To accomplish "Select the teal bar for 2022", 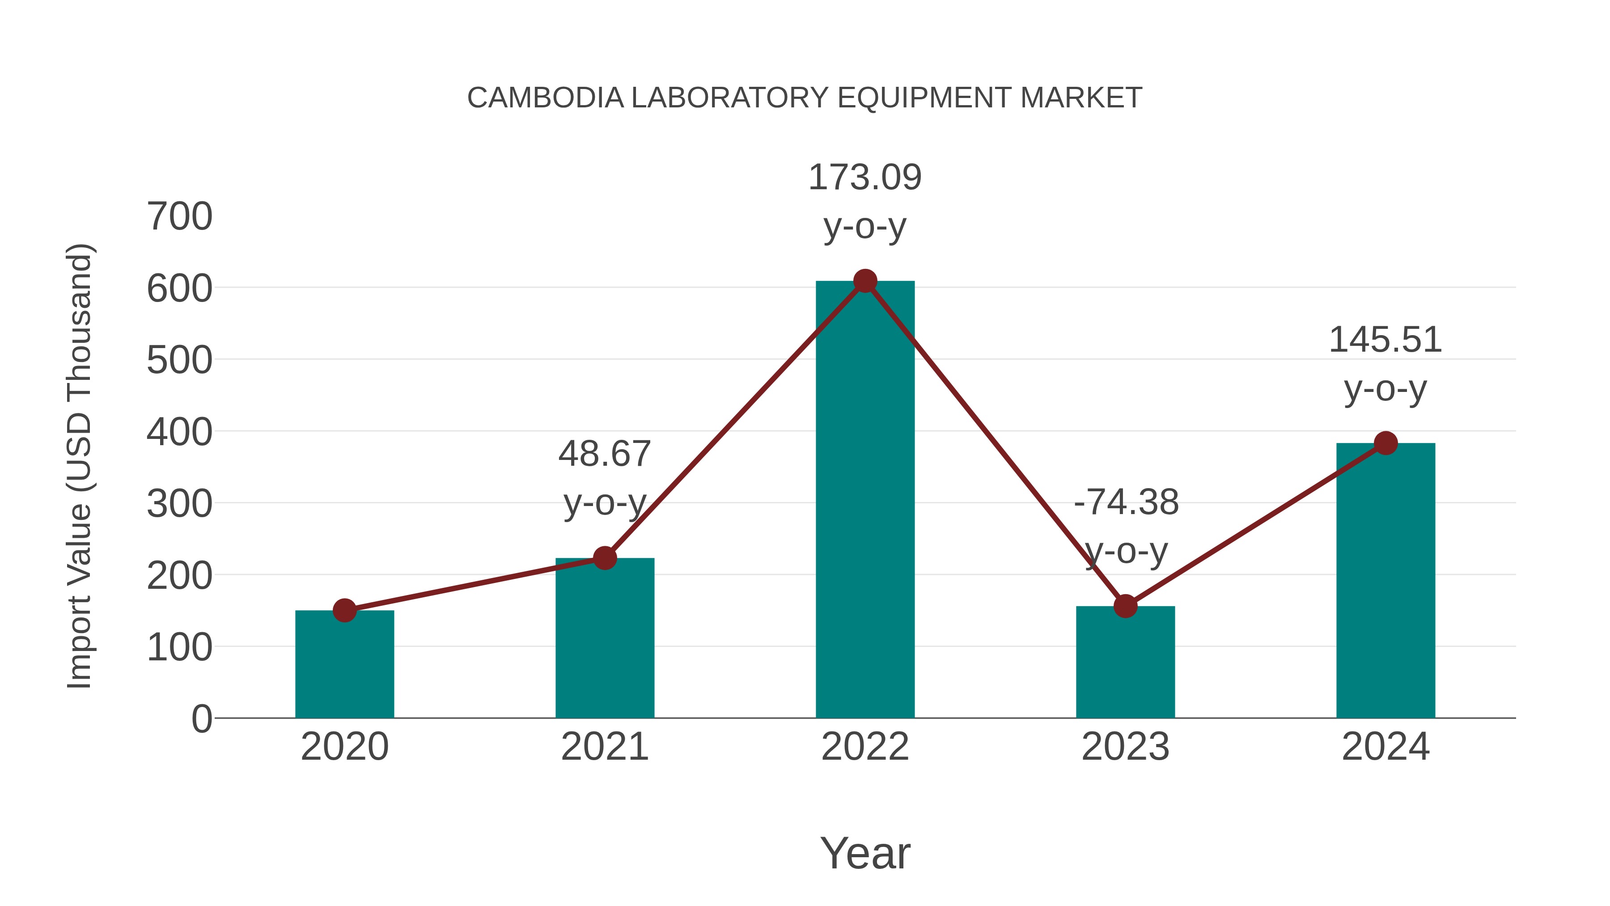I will point(864,500).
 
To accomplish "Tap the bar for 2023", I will point(1125,663).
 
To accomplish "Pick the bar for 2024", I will point(1385,582).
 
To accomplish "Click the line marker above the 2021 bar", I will point(604,558).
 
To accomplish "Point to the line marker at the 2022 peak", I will point(864,281).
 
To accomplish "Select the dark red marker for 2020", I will point(344,610).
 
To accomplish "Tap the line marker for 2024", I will point(1385,443).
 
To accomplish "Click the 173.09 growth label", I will point(864,178).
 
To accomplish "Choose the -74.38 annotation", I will point(1126,503).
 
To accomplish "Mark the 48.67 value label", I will point(604,454).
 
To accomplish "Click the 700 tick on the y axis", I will point(179,217).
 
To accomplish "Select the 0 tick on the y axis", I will point(201,719).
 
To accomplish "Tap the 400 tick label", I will point(179,432).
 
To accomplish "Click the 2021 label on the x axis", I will point(604,747).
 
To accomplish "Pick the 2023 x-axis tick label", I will point(1125,747).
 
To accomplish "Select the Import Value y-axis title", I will point(80,466).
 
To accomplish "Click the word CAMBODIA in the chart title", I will point(545,98).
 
